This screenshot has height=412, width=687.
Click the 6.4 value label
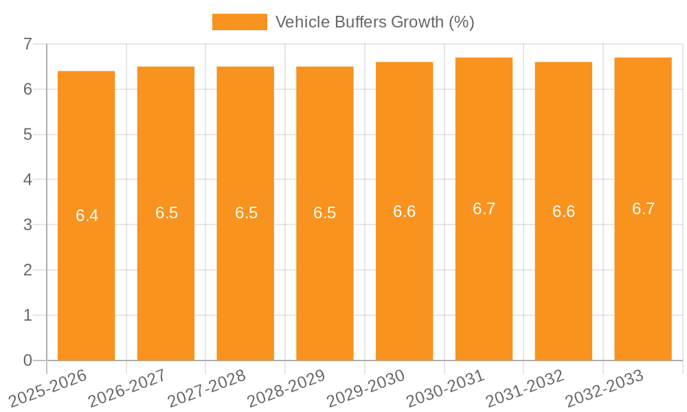[87, 216]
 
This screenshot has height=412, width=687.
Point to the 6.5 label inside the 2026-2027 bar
[166, 213]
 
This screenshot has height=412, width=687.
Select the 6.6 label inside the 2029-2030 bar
[404, 211]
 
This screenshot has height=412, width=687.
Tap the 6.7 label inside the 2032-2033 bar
[643, 209]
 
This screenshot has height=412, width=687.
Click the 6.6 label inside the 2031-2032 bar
[563, 211]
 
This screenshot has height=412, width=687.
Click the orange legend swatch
[239, 22]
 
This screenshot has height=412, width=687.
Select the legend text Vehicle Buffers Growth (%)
[374, 22]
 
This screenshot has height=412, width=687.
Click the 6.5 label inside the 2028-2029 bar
[324, 213]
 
